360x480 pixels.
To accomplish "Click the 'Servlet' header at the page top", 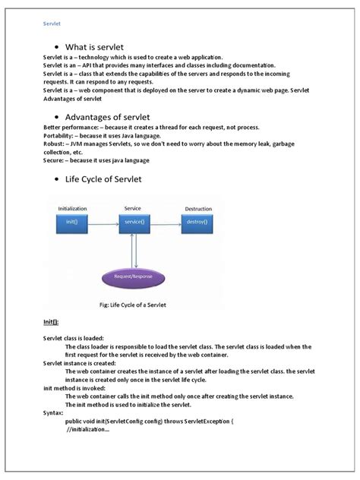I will coord(52,23).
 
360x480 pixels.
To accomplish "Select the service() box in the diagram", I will coord(134,222).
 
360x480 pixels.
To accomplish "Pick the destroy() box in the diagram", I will coord(197,222).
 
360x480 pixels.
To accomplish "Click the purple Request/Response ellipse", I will coord(135,278).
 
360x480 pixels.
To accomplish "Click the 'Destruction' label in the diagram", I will coord(198,207).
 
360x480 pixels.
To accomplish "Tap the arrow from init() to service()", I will coord(103,222).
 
